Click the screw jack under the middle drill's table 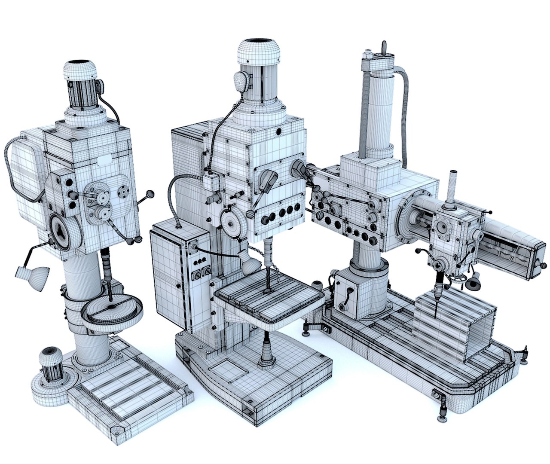[266, 350]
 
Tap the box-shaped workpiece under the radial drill [455, 322]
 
